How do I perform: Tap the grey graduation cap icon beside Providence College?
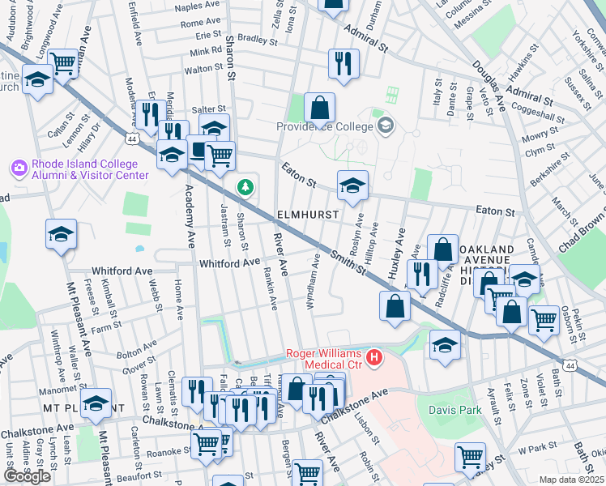coord(385,125)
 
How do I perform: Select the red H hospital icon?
coord(373,356)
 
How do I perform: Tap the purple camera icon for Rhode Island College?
coord(19,168)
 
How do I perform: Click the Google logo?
coord(28,475)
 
